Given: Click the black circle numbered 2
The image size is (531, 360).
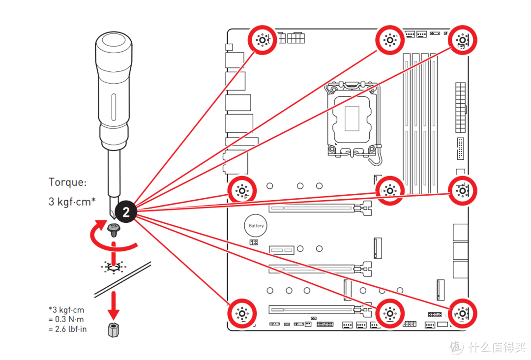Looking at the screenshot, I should tap(126, 212).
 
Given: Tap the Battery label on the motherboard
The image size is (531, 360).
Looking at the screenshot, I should tap(256, 226).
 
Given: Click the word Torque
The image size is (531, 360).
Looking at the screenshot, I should tap(67, 182).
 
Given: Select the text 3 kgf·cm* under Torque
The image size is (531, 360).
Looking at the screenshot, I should tap(72, 202).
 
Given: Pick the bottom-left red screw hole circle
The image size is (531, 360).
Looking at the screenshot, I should tap(242, 312).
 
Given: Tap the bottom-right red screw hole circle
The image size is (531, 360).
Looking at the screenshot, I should tap(462, 312).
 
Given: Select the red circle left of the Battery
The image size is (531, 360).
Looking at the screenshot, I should tap(242, 189).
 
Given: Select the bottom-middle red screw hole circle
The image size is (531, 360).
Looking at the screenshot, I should tap(389, 312).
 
